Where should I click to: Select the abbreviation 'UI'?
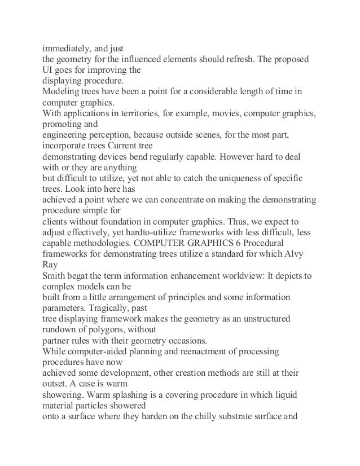click(50, 70)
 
